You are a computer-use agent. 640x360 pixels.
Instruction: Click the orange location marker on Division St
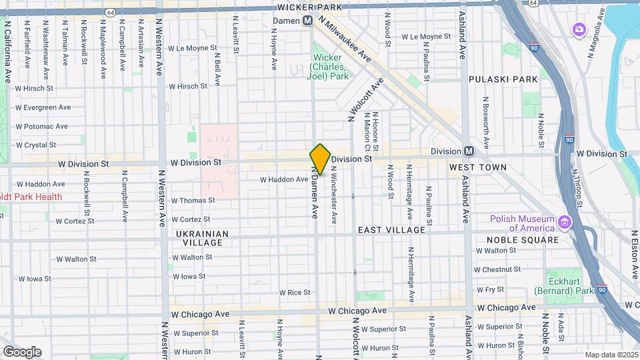(x=320, y=159)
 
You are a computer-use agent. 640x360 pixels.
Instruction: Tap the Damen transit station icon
(x=307, y=21)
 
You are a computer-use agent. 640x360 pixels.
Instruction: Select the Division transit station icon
(x=469, y=151)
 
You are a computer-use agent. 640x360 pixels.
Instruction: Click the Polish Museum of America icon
(x=565, y=221)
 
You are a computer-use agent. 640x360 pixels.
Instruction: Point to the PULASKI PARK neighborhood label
(x=503, y=79)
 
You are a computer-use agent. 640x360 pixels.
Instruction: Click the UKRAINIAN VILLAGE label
(x=203, y=238)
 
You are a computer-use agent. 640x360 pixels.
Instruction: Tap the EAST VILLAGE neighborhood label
(x=391, y=230)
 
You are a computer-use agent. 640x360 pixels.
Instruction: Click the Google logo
(x=22, y=352)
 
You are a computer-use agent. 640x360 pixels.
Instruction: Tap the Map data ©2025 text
(x=611, y=354)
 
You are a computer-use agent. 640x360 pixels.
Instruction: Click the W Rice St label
(x=295, y=293)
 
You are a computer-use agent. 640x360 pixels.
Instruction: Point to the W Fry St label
(x=489, y=289)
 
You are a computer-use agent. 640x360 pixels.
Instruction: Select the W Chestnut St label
(x=497, y=269)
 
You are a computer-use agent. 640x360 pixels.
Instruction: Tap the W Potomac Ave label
(x=41, y=126)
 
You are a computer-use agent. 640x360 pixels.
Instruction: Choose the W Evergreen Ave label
(x=43, y=107)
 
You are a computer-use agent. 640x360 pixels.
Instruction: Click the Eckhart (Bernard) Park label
(x=563, y=282)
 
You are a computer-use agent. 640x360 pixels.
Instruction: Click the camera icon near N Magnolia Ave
(x=578, y=29)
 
